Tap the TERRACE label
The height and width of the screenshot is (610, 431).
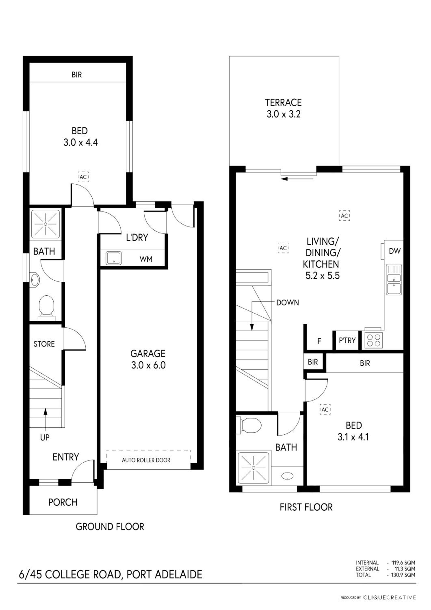284,102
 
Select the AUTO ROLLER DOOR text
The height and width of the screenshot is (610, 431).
146,460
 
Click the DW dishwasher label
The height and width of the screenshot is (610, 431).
395,251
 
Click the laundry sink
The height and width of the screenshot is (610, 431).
114,258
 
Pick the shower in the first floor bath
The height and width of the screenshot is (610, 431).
254,468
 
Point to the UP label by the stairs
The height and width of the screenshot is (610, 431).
45,437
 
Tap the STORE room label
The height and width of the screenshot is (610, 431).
44,344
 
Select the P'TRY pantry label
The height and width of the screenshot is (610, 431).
347,340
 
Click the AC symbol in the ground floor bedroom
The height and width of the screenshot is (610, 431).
83,177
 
